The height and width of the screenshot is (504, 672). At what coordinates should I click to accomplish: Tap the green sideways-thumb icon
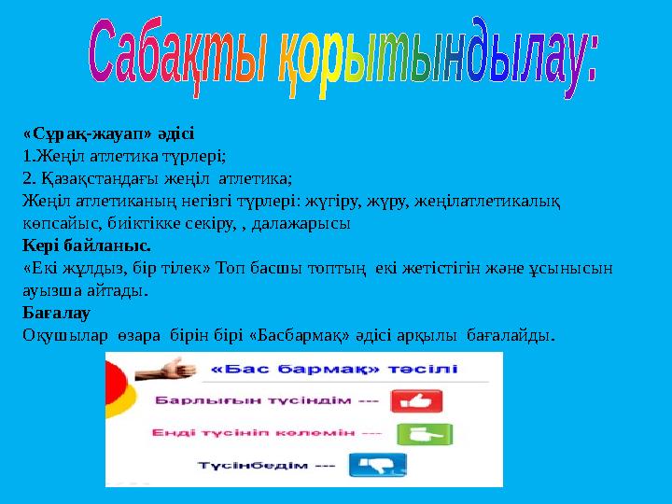coord(411,434)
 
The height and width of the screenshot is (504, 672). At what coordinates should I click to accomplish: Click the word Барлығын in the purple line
coord(191,401)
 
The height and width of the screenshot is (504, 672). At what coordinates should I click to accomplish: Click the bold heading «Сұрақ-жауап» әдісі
coord(108,134)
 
